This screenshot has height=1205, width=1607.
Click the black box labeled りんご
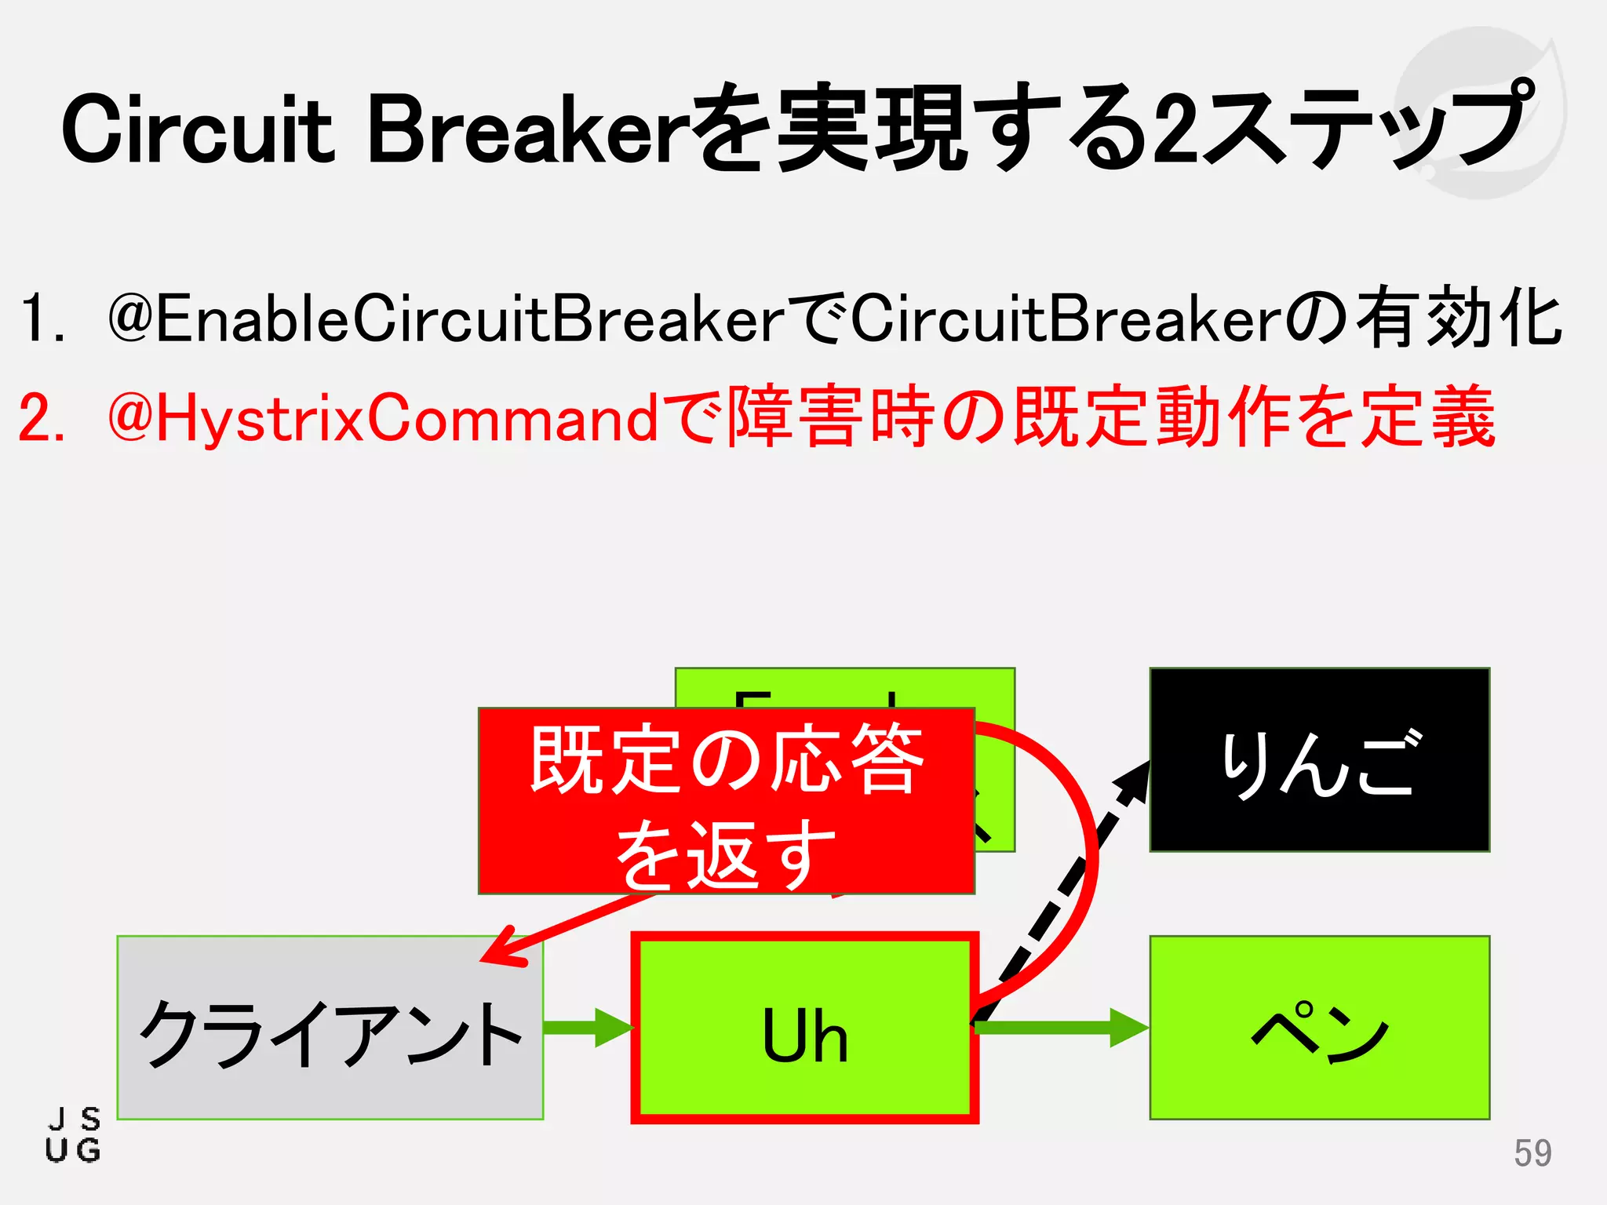1319,759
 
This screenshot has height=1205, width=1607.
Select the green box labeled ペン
1319,1028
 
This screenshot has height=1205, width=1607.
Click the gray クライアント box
330,1028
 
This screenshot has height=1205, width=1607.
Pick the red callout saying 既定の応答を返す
726,800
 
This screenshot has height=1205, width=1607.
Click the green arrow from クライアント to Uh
589,1027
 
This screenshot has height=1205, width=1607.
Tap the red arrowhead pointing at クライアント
502,949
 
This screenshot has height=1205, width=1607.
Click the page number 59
1532,1152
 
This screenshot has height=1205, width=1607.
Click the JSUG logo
73,1134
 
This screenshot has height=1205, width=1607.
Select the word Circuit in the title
196,129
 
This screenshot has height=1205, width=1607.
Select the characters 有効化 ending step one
1459,318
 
